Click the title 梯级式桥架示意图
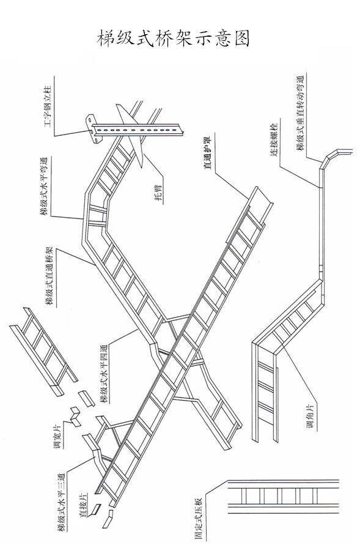pos(173,38)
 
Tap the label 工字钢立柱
pos(48,106)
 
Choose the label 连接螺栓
pos(274,139)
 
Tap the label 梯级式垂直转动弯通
pos(300,114)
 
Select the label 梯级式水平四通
pos(104,374)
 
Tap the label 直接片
pos(84,505)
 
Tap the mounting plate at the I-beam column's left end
pos(93,128)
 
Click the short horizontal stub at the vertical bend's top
pos(343,152)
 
